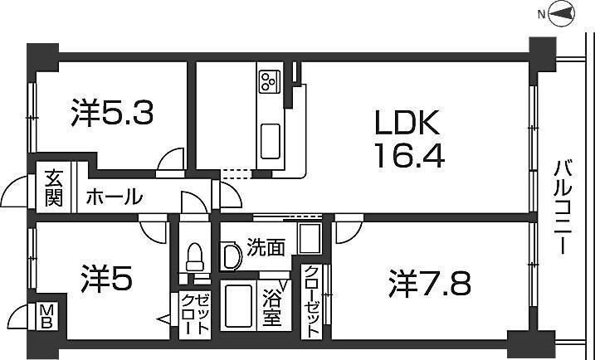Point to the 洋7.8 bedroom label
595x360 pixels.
point(429,284)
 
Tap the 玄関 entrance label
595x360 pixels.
point(54,188)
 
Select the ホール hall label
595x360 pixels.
point(113,198)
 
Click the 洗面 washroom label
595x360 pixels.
point(266,246)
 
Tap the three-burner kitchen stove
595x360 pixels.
point(269,81)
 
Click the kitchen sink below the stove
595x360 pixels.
point(271,141)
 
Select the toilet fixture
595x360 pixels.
point(196,257)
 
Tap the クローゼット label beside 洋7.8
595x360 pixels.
point(312,300)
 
